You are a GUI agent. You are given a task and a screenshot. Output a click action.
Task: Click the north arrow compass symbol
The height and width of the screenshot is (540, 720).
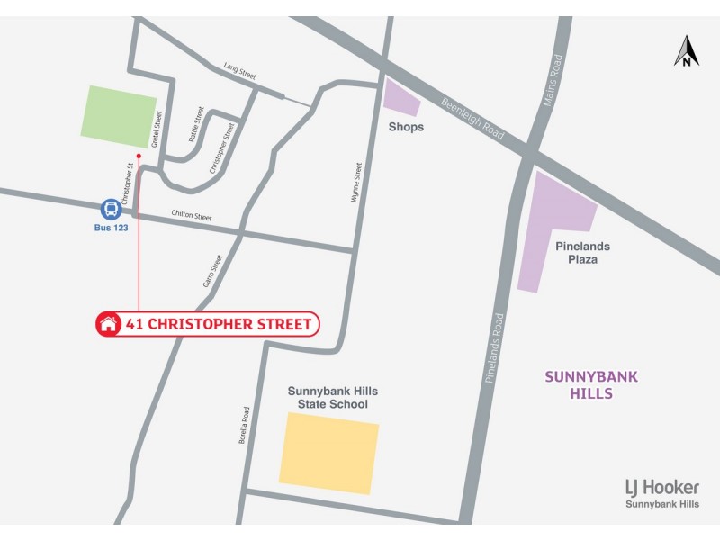[687, 51]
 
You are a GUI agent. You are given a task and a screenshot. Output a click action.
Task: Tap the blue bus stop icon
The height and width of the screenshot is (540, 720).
[111, 210]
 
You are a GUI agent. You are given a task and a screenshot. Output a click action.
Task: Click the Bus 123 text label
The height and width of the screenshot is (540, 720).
[112, 229]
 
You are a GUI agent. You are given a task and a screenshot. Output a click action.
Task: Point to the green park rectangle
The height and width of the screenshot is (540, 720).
[119, 116]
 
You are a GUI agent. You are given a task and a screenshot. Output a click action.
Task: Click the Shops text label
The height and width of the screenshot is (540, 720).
[406, 128]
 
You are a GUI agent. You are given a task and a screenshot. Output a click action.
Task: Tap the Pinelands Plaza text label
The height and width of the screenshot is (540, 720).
[582, 253]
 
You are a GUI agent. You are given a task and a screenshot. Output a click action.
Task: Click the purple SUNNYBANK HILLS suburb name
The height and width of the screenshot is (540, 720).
[591, 385]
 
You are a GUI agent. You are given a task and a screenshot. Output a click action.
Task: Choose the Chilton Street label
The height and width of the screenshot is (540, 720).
[191, 217]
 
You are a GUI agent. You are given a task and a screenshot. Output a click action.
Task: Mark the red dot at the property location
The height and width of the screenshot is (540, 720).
[139, 156]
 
